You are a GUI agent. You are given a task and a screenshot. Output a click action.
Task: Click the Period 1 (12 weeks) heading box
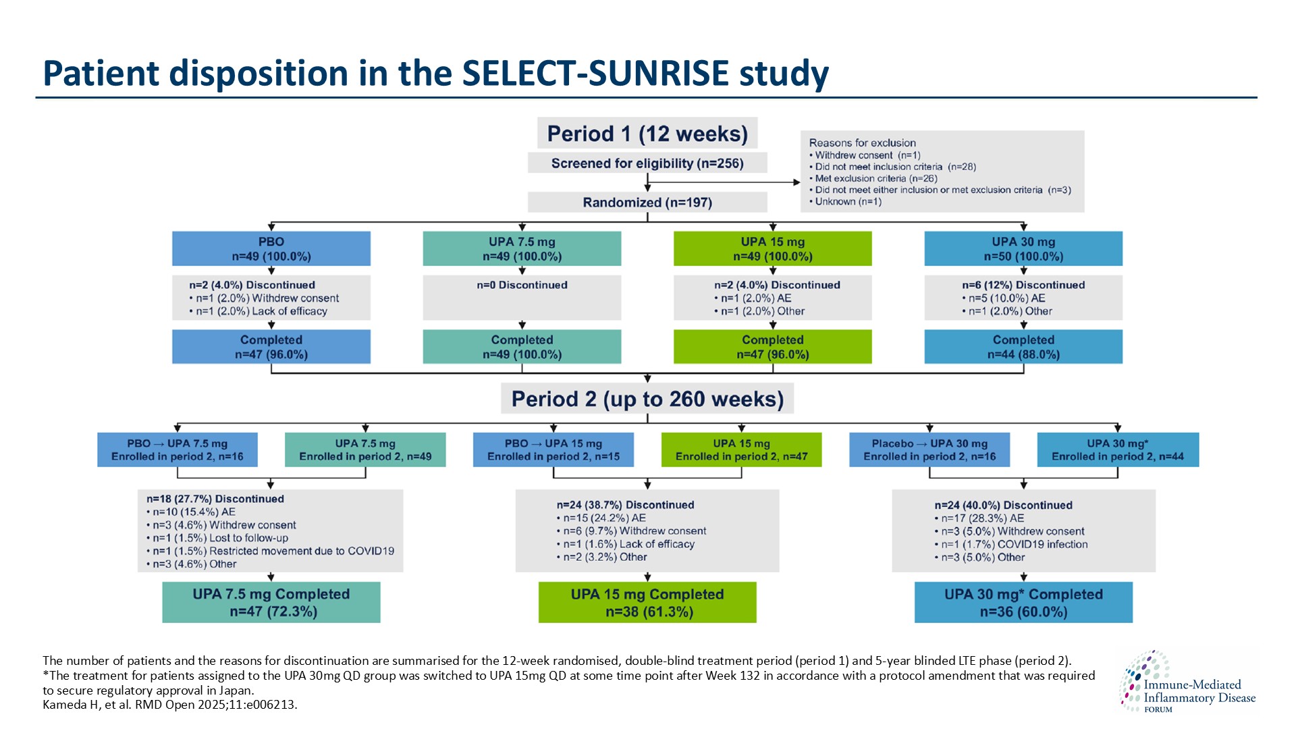[x=647, y=134]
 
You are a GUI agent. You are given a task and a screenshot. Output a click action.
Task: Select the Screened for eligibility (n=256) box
[x=647, y=163]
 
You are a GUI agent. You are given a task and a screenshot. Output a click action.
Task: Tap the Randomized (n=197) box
[x=647, y=202]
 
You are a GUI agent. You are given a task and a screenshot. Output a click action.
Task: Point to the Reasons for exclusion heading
[x=862, y=143]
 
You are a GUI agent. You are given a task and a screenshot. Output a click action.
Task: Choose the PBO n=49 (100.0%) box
[x=271, y=249]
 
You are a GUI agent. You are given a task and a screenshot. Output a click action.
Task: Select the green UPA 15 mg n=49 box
[x=772, y=249]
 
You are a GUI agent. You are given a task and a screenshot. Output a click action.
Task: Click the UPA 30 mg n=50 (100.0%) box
[x=1023, y=249]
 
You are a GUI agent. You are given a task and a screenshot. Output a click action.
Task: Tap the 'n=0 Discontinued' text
[x=522, y=286]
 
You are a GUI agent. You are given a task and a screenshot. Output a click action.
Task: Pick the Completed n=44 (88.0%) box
[x=1023, y=347]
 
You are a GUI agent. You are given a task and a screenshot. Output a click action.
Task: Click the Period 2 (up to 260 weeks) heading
[x=647, y=399]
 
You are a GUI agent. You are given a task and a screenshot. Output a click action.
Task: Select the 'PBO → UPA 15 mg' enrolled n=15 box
[x=553, y=450]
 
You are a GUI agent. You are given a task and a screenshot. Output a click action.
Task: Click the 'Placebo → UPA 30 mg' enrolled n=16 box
[x=929, y=450]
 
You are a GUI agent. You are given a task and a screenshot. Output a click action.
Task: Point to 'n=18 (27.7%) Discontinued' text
[x=215, y=500]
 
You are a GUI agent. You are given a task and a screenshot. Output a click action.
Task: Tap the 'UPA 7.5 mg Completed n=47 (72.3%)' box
[x=271, y=603]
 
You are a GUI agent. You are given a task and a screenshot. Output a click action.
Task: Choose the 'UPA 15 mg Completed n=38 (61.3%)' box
[x=647, y=603]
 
